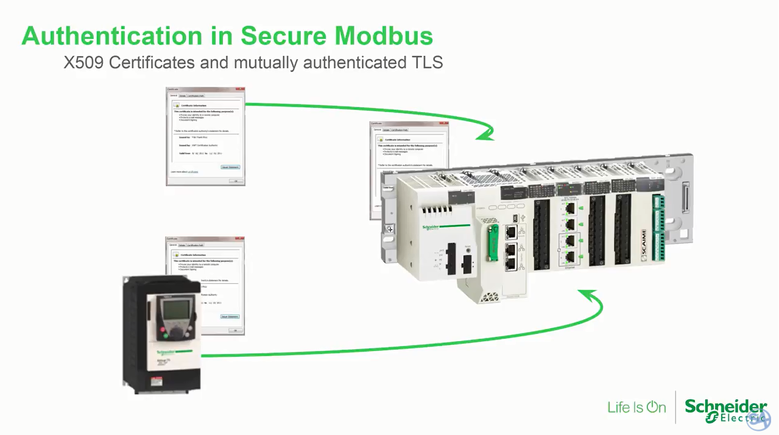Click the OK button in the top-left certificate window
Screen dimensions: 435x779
[x=235, y=180]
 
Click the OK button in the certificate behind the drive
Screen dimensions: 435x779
[x=235, y=330]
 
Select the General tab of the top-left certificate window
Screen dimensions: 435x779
[x=173, y=96]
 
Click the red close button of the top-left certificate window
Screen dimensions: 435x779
[x=241, y=90]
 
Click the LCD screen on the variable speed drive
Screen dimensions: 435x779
[x=174, y=311]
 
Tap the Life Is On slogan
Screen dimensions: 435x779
[x=636, y=407]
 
